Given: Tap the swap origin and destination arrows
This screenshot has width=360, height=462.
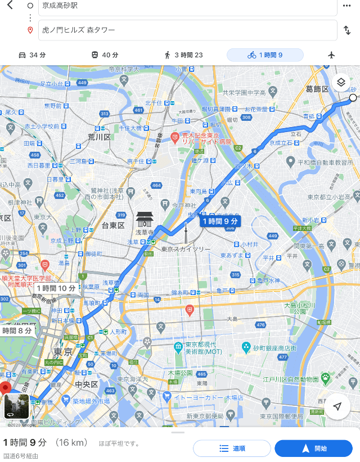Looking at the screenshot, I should coord(347,30).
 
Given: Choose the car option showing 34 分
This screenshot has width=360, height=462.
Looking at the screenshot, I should coord(32,55).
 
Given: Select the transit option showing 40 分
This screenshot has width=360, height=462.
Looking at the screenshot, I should coord(105,55).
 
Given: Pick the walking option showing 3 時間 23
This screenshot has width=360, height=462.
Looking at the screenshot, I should coord(183,55).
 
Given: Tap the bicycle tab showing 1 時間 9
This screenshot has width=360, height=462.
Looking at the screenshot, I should coord(265,55).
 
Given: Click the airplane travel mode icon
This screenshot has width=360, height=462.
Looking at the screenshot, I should coord(331,55).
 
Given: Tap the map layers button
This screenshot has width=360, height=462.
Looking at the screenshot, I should coord(341,82).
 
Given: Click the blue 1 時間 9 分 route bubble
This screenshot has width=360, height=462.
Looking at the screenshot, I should coord(220,221).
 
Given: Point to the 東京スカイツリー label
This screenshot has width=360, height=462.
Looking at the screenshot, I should coord(186,249).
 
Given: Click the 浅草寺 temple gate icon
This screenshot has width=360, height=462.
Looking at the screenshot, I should coord(145,219).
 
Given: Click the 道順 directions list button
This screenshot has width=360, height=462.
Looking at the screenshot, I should coord(232,449).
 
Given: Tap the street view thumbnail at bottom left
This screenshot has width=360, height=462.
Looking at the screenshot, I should coord(16,406).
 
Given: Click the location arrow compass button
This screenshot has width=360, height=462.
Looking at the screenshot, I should coord(337,406).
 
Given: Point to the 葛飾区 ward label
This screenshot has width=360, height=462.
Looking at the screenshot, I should coord(317,89).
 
